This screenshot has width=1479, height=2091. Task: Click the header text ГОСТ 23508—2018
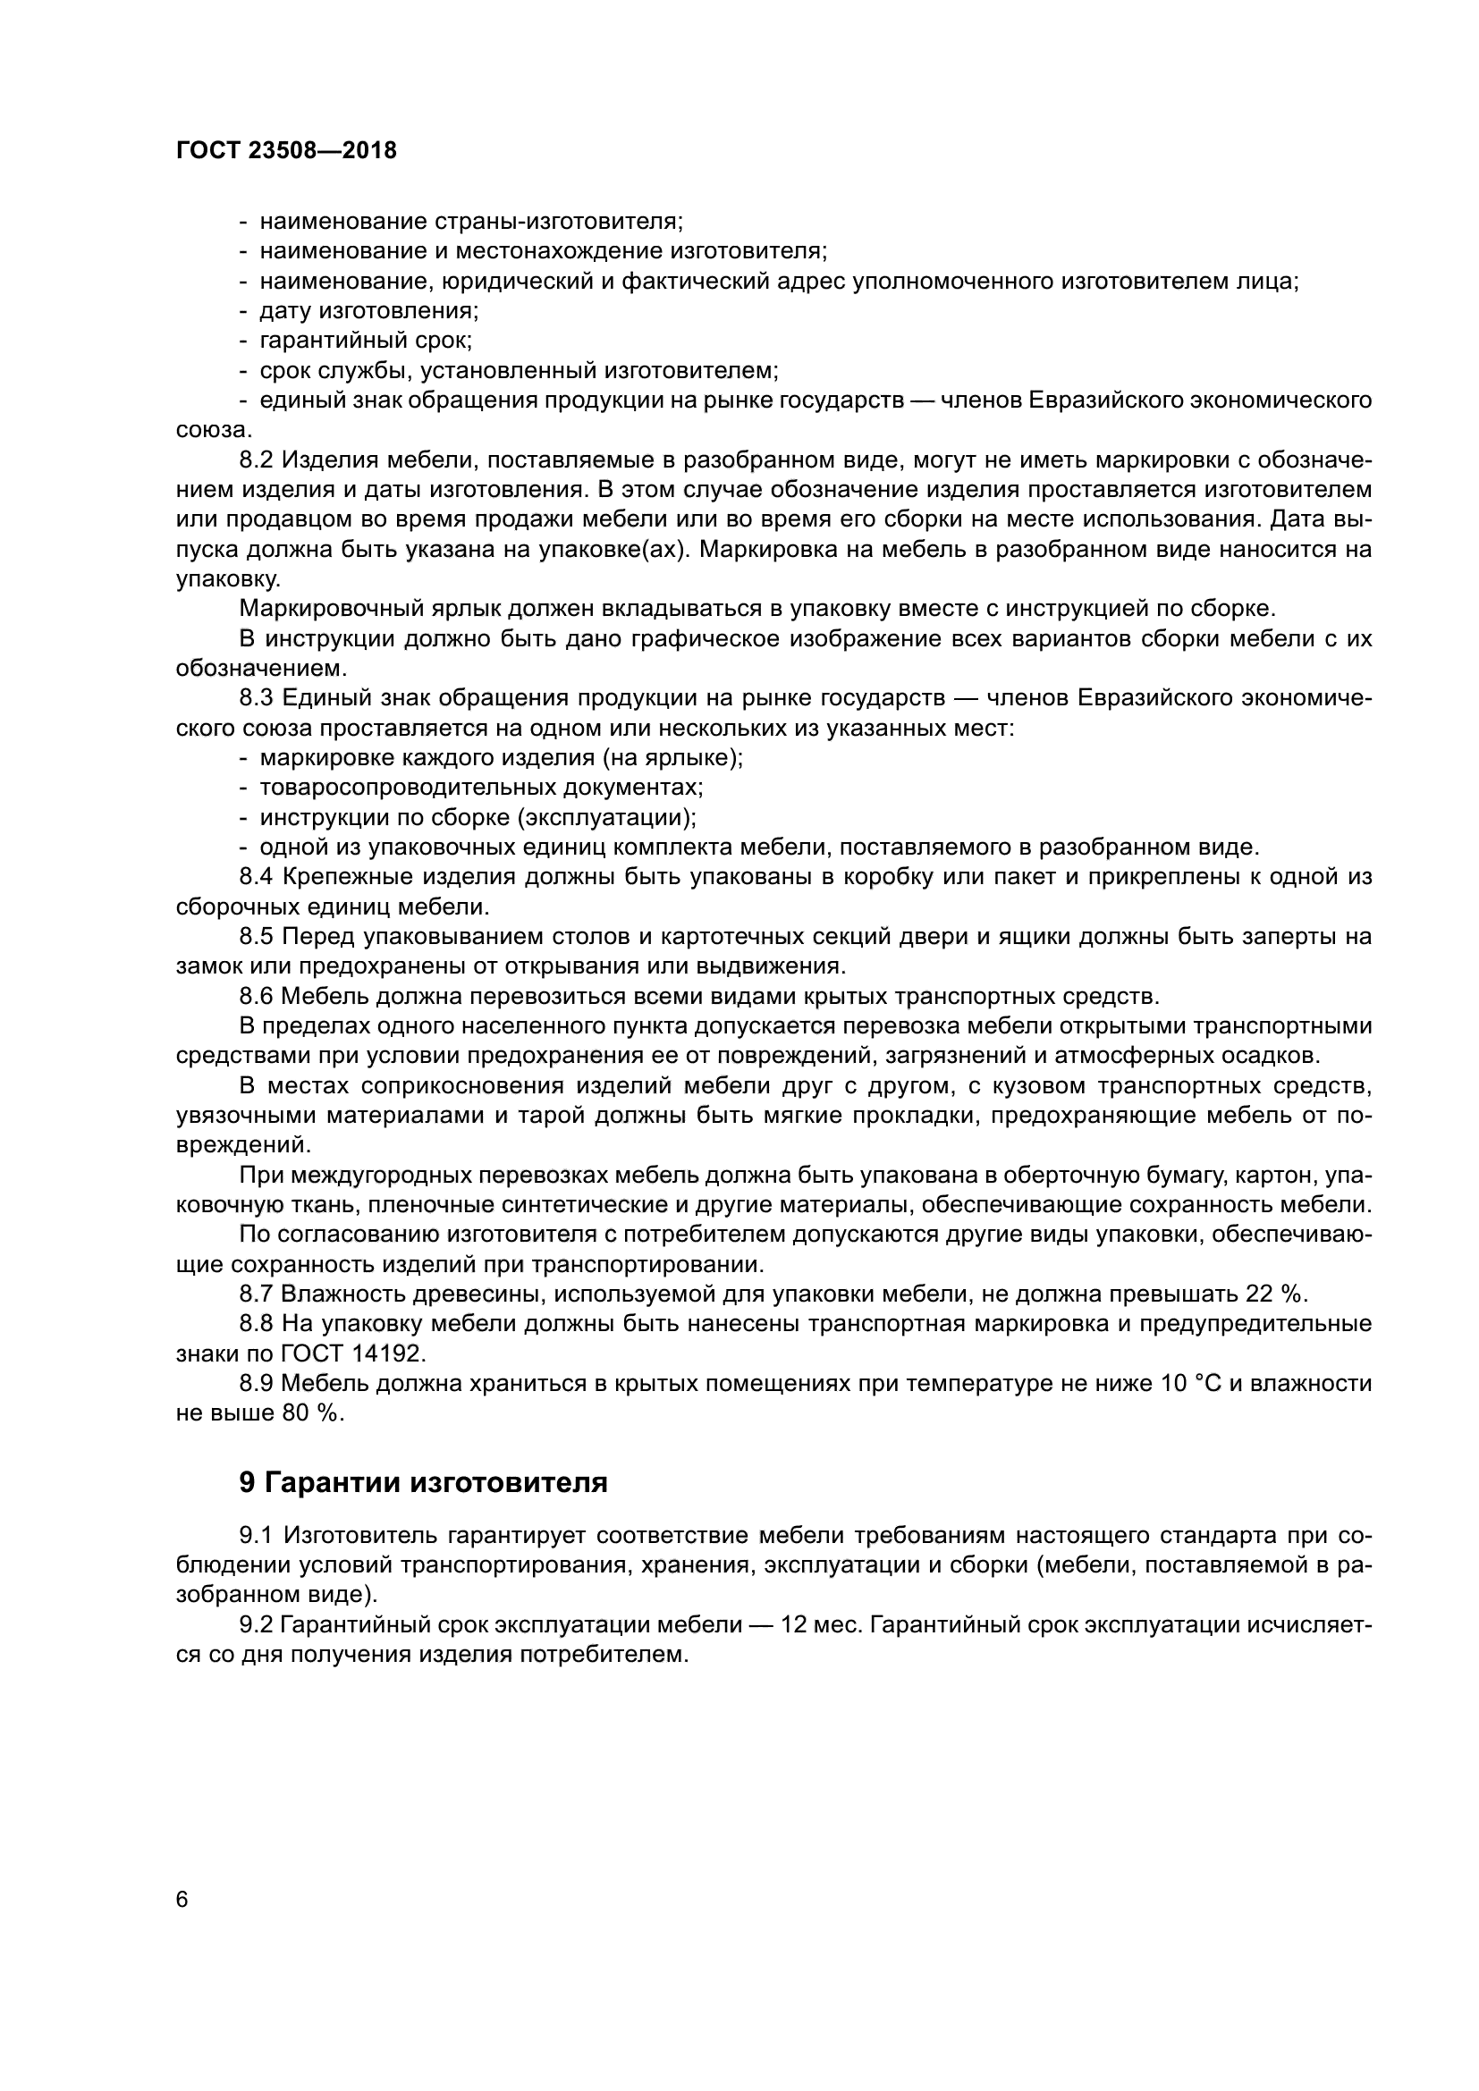pos(286,150)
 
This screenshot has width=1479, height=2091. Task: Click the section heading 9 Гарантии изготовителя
pos(424,1482)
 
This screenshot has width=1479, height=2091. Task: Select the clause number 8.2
pos(256,460)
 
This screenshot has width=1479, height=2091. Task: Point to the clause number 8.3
pos(256,697)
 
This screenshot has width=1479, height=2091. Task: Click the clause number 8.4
pos(256,876)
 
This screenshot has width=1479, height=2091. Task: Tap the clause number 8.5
pos(256,936)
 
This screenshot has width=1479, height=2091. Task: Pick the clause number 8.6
pos(256,995)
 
